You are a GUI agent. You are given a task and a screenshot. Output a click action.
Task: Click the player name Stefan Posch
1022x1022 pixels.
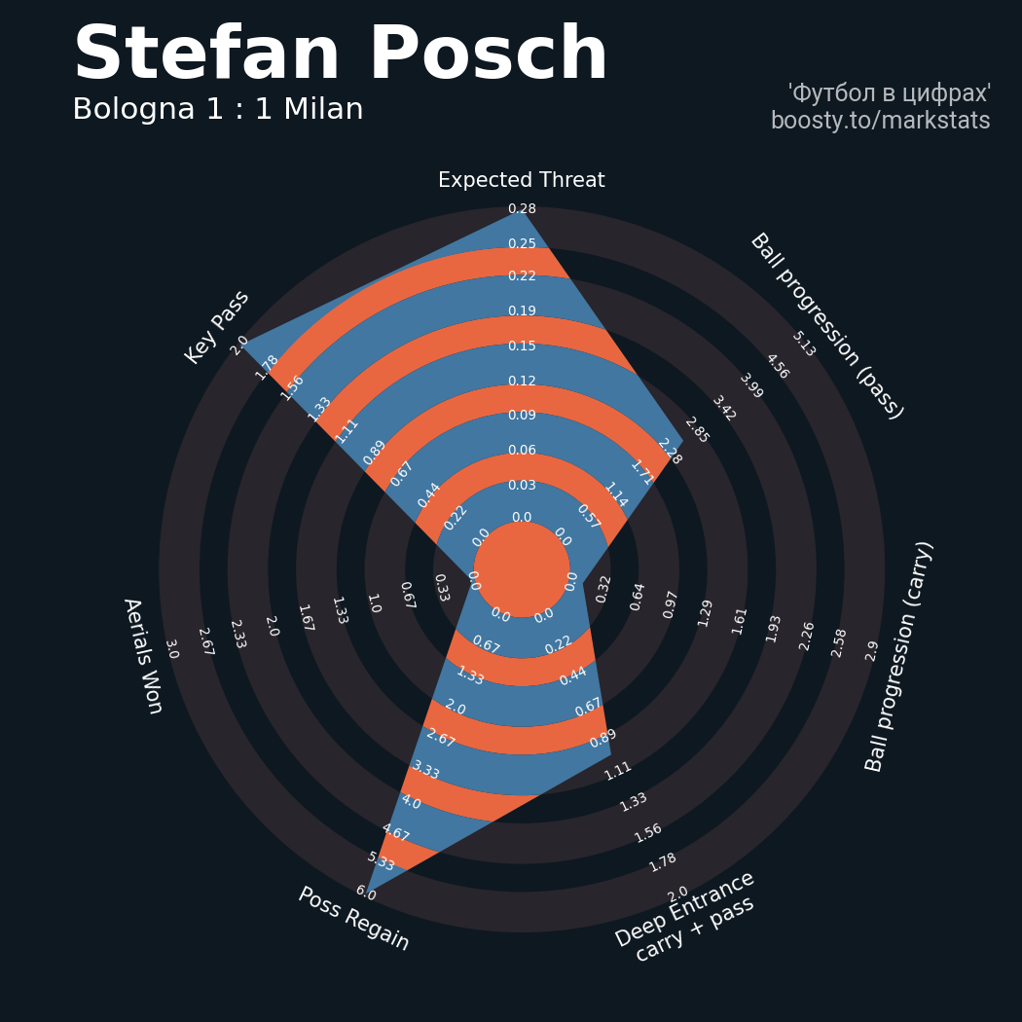click(341, 55)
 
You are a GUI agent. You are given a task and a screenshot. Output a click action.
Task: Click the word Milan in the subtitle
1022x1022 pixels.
click(323, 110)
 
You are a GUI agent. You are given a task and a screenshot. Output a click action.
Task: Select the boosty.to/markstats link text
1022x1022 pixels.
click(880, 121)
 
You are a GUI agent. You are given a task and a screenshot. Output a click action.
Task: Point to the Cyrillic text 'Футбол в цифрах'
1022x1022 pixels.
click(889, 93)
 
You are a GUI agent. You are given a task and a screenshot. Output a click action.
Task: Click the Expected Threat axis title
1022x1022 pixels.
click(522, 180)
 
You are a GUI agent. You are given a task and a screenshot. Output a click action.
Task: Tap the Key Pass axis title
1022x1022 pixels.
click(217, 327)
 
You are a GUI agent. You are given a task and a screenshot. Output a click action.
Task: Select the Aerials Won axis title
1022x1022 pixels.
click(142, 656)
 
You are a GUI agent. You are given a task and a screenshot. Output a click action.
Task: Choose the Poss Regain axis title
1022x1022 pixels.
click(353, 918)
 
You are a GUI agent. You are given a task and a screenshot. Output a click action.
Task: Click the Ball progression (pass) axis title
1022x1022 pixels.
click(826, 326)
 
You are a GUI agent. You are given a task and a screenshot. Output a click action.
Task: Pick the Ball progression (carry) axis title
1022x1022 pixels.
click(899, 656)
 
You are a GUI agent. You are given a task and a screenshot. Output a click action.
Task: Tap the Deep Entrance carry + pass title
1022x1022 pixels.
click(687, 916)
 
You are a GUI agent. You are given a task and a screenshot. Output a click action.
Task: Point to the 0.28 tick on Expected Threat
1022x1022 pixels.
click(522, 209)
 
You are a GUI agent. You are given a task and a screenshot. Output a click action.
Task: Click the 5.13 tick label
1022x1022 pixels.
click(804, 344)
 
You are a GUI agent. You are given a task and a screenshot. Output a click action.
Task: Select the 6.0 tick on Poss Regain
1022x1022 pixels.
click(365, 893)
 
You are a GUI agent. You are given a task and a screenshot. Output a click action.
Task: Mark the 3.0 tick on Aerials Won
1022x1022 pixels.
click(171, 649)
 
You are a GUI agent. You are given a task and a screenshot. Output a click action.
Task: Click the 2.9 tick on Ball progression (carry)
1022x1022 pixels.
click(872, 650)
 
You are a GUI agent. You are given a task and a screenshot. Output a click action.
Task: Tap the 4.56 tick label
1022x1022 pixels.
click(777, 367)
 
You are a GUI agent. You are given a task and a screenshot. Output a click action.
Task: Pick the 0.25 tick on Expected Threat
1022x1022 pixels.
click(522, 243)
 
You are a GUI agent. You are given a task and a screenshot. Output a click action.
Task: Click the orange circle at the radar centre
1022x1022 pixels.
click(522, 569)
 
